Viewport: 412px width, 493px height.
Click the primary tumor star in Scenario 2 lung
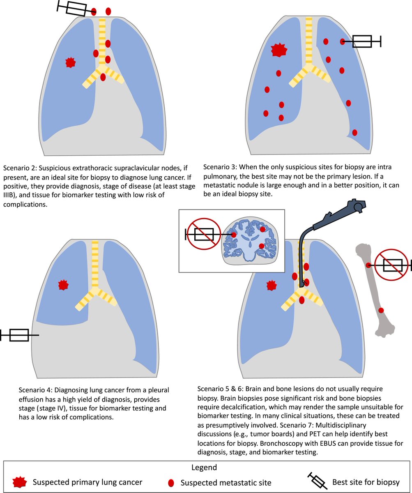pos(71,62)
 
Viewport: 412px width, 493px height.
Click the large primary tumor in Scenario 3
pos(279,50)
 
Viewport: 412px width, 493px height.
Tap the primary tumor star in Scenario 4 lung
pos(63,284)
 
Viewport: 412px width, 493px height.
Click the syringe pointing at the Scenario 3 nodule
pos(362,41)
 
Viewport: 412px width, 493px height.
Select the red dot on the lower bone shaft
pos(381,310)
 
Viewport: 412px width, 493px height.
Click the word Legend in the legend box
pos(204,468)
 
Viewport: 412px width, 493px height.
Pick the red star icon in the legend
pos(19,481)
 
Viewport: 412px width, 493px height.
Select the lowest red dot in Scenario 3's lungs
pos(354,132)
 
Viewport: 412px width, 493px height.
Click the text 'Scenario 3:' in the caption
pos(220,168)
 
